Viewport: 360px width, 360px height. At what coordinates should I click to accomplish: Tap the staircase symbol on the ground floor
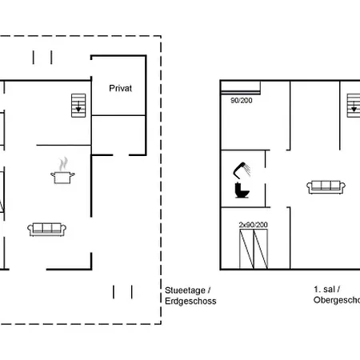point(78,104)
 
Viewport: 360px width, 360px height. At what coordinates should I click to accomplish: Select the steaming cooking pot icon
point(61,174)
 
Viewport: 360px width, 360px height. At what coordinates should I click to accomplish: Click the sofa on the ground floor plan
point(46,229)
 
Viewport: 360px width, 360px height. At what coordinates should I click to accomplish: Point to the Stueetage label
point(187,290)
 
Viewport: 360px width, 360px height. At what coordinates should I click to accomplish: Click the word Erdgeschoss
point(190,302)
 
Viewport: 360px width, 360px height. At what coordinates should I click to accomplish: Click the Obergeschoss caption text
point(336,302)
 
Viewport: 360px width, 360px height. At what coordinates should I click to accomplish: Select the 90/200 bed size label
point(241,101)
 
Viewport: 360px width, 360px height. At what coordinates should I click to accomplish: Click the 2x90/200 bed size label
point(252,226)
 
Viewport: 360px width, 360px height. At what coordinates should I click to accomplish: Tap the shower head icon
point(241,169)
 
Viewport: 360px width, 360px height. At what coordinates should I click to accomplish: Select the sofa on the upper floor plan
point(326,187)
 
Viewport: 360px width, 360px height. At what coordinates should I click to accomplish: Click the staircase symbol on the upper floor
point(354,104)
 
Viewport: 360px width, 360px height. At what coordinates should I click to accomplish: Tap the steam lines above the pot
point(61,162)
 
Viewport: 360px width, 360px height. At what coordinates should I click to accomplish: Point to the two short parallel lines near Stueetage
point(122,290)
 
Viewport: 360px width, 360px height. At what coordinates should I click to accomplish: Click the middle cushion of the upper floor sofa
point(326,186)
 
